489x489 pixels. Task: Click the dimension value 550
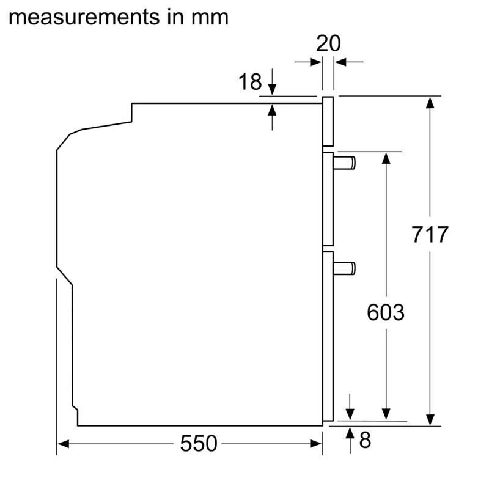199,444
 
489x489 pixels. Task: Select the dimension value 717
430,234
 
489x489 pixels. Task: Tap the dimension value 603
386,312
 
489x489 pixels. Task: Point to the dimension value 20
328,43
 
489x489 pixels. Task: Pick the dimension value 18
250,82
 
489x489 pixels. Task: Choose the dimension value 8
365,440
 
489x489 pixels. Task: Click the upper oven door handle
344,163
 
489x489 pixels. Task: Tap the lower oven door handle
344,268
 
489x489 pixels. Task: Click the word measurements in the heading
84,17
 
